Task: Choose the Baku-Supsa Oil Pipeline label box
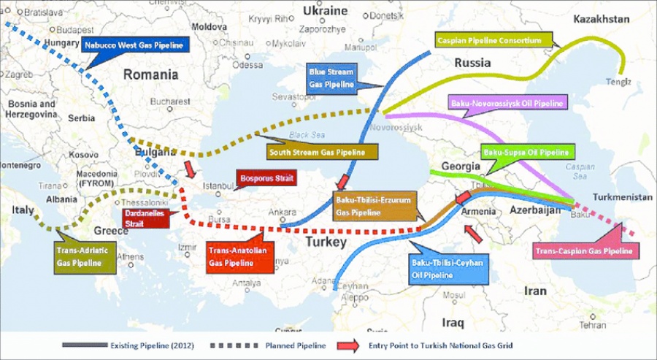pos(526,153)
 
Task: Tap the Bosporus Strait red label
pos(258,179)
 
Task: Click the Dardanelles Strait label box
pos(145,217)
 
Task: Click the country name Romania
pos(150,74)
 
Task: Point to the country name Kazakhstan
pos(601,19)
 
